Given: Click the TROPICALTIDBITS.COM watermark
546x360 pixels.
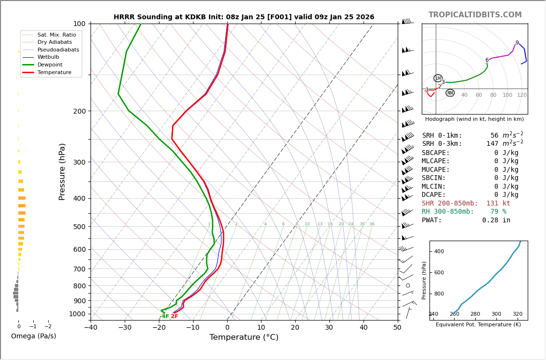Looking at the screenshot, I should (x=475, y=15).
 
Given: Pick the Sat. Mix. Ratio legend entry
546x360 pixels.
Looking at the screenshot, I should (x=56, y=35).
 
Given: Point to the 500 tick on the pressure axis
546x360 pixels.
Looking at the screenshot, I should (x=79, y=227).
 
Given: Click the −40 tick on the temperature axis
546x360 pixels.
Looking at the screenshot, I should (x=91, y=328).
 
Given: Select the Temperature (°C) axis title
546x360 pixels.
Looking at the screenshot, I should (x=244, y=337).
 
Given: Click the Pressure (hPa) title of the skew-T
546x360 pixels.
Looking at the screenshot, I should (x=62, y=171).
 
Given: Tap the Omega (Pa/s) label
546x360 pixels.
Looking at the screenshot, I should (x=33, y=336).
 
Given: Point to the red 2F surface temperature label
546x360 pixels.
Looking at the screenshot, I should (x=174, y=316).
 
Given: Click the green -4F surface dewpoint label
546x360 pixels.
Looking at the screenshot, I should (x=165, y=316).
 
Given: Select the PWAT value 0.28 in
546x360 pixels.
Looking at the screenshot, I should (x=496, y=220).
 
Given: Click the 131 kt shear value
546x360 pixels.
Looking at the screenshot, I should (x=498, y=203).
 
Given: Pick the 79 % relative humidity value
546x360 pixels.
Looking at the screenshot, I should (x=498, y=212).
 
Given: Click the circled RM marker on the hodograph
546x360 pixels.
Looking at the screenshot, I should (x=450, y=93).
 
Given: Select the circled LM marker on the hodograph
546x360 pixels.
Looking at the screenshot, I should (x=438, y=78).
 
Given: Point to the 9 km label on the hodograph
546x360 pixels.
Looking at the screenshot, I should (x=517, y=43).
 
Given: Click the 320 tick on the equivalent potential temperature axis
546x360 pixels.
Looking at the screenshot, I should (x=517, y=314).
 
